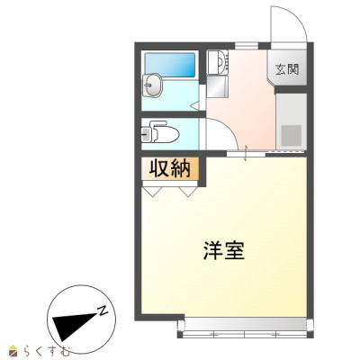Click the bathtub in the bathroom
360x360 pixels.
pos(169,64)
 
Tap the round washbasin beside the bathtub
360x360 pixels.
pos(153,87)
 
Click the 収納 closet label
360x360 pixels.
pos(170,168)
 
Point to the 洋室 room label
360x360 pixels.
pos(225,251)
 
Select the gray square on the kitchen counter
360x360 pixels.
pos(292,134)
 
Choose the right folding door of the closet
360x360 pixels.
pos(188,191)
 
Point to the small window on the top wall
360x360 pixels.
pos(246,42)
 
